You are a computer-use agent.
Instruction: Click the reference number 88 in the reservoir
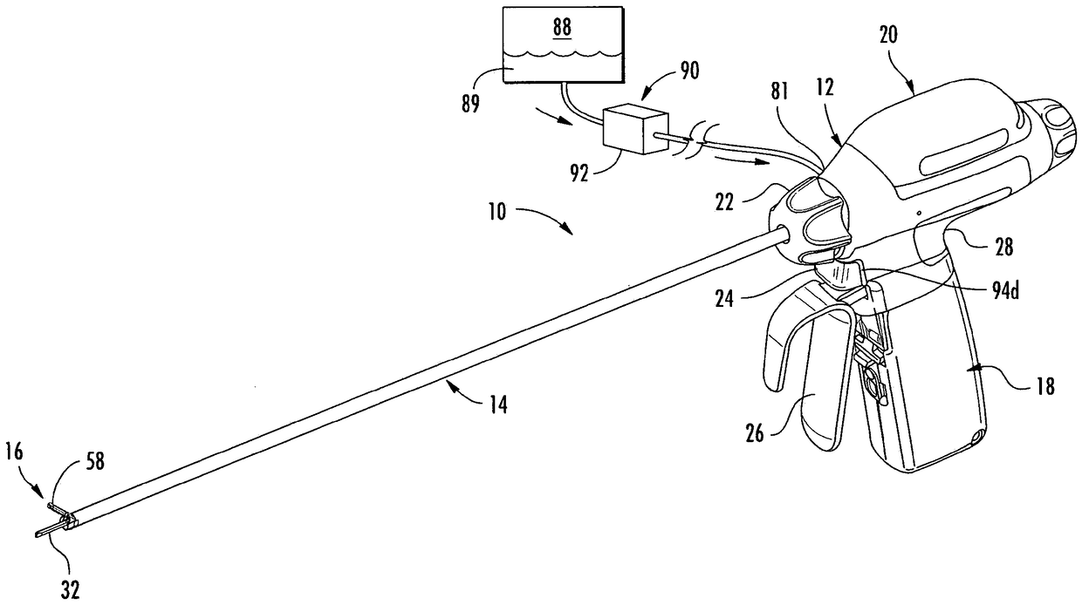click(561, 27)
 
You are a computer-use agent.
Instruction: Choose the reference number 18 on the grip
click(1044, 389)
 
